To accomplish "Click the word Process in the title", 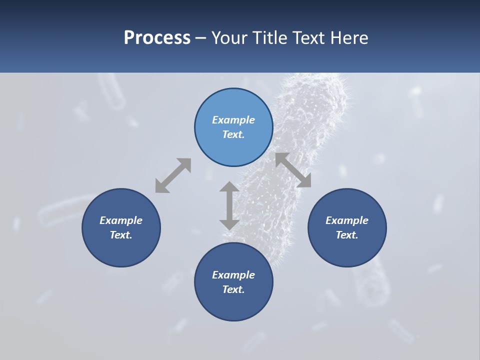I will [x=157, y=38].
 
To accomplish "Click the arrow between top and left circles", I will [x=173, y=175].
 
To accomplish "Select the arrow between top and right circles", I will [x=293, y=170].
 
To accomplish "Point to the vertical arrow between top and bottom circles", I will [x=229, y=205].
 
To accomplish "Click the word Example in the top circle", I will [x=233, y=120].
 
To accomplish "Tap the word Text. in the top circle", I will [x=233, y=134].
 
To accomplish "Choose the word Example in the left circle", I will [x=121, y=220].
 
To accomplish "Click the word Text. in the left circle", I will [x=121, y=235].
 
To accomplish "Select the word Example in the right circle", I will [x=347, y=220].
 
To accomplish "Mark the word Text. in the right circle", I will [x=347, y=235].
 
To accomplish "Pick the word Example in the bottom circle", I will [x=233, y=275].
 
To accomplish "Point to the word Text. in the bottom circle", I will [x=233, y=289].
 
